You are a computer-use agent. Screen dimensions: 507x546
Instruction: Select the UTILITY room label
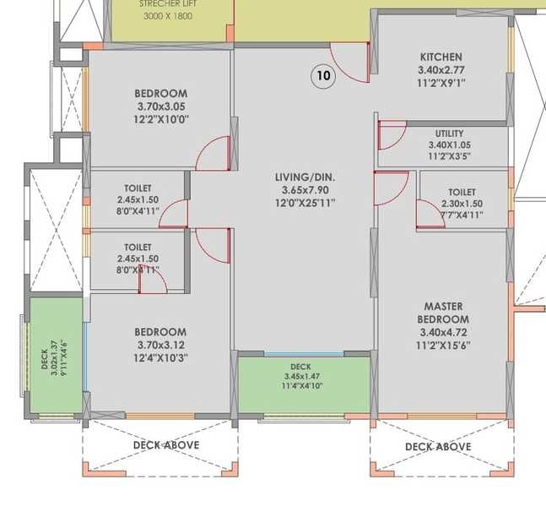(x=449, y=134)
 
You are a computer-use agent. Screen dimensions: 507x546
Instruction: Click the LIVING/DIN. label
(x=305, y=177)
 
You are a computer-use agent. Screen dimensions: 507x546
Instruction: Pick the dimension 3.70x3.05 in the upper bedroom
(x=160, y=106)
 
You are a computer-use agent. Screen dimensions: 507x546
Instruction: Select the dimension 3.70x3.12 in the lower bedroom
(x=160, y=345)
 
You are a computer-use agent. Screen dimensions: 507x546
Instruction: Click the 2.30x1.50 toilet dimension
(x=462, y=204)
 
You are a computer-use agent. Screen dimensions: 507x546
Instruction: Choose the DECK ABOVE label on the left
(x=166, y=445)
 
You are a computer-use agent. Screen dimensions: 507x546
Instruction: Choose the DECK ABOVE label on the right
(x=438, y=446)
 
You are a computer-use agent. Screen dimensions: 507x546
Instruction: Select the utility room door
(x=392, y=135)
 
